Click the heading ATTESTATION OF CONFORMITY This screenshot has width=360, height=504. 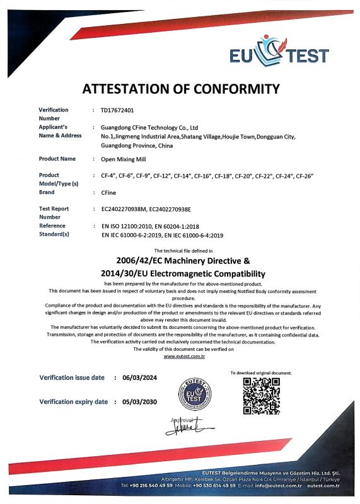180,88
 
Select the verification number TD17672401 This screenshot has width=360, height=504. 117,110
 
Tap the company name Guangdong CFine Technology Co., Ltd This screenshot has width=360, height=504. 150,127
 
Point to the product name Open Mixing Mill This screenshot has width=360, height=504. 123,159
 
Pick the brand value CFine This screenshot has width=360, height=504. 108,192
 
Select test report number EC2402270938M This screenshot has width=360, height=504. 128,209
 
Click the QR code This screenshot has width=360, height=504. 261,395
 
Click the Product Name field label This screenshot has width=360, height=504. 57,159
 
